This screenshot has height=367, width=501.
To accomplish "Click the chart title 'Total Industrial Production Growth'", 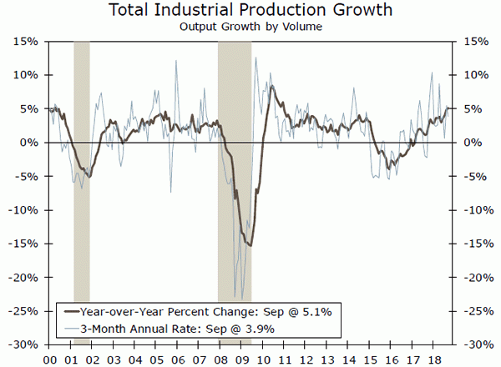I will click(x=250, y=10).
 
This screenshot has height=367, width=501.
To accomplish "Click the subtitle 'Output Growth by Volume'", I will click(x=250, y=26).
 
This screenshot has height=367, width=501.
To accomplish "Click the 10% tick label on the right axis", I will click(x=472, y=75).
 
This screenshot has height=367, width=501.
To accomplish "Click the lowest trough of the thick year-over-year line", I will click(x=249, y=245).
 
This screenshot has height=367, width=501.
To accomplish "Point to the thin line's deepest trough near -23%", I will click(x=242, y=299).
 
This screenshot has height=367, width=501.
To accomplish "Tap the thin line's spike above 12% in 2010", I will click(x=256, y=57).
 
